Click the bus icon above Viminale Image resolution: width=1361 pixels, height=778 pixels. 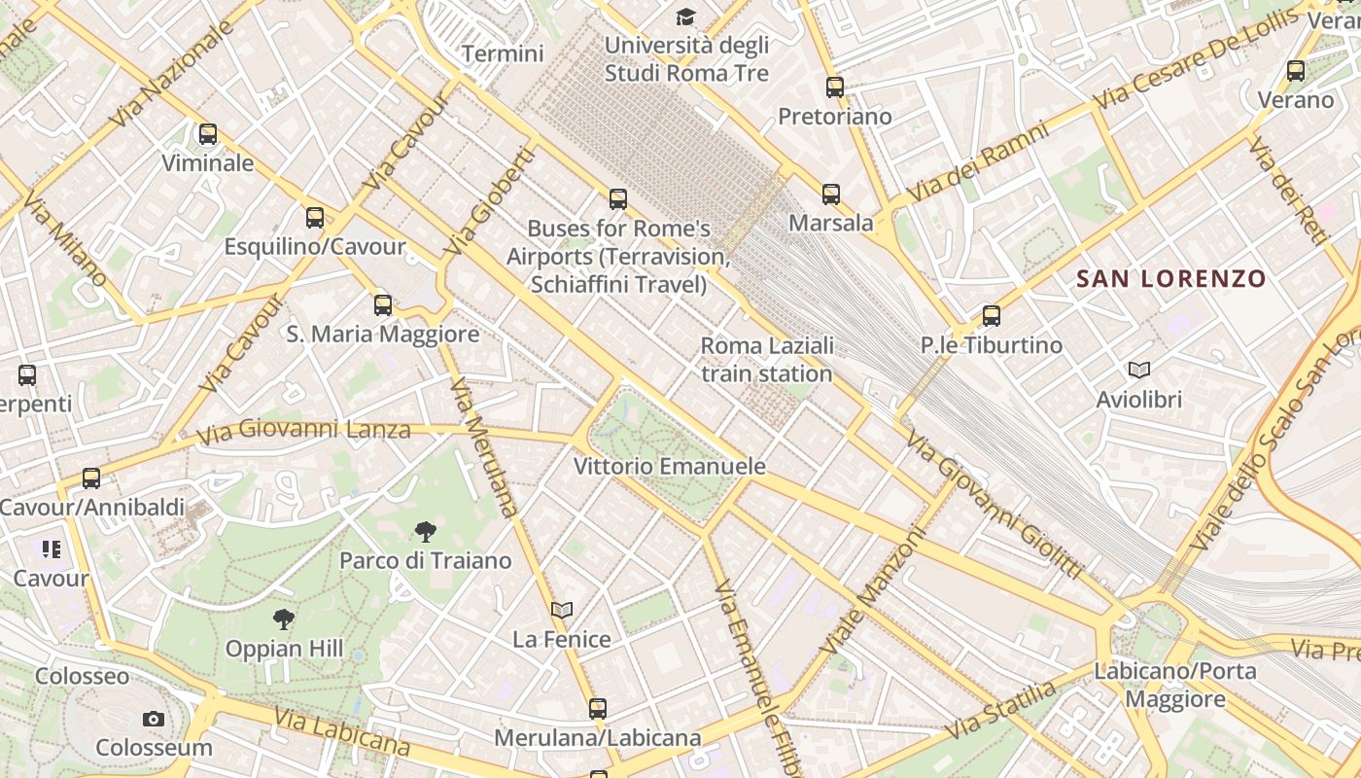tap(207, 134)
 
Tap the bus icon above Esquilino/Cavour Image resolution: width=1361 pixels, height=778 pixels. tap(314, 218)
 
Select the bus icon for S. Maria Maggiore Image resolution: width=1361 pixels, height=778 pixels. tap(383, 305)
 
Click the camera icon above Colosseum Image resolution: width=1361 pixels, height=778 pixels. tap(153, 720)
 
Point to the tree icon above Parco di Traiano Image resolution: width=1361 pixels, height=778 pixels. tap(425, 531)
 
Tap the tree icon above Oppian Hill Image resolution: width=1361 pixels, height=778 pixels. tap(283, 619)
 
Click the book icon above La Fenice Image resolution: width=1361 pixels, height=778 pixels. tap(561, 610)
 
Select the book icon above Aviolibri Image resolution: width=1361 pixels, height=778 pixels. tap(1138, 370)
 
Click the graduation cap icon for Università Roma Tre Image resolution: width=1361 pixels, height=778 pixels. tap(686, 17)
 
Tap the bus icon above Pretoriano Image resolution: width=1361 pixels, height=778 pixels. tap(834, 88)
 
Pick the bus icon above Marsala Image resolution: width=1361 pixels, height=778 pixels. tap(830, 194)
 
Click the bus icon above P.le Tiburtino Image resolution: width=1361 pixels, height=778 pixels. tap(991, 316)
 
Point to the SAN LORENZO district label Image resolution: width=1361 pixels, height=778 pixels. tap(1170, 279)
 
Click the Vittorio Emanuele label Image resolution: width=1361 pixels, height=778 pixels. tap(669, 466)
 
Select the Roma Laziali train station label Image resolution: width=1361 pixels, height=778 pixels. tap(767, 360)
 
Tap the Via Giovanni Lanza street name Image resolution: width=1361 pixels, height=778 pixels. tap(303, 430)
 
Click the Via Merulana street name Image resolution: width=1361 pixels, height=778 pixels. tap(484, 446)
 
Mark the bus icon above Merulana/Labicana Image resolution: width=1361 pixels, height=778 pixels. tap(597, 709)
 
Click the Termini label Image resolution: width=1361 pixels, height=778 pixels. tap(503, 53)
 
